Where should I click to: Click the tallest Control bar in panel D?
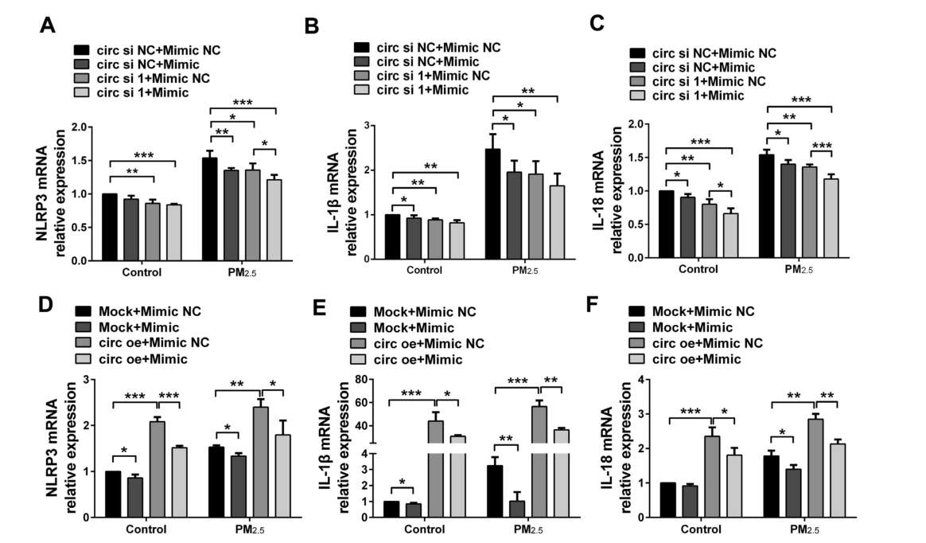point(158,469)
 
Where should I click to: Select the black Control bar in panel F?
point(667,499)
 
